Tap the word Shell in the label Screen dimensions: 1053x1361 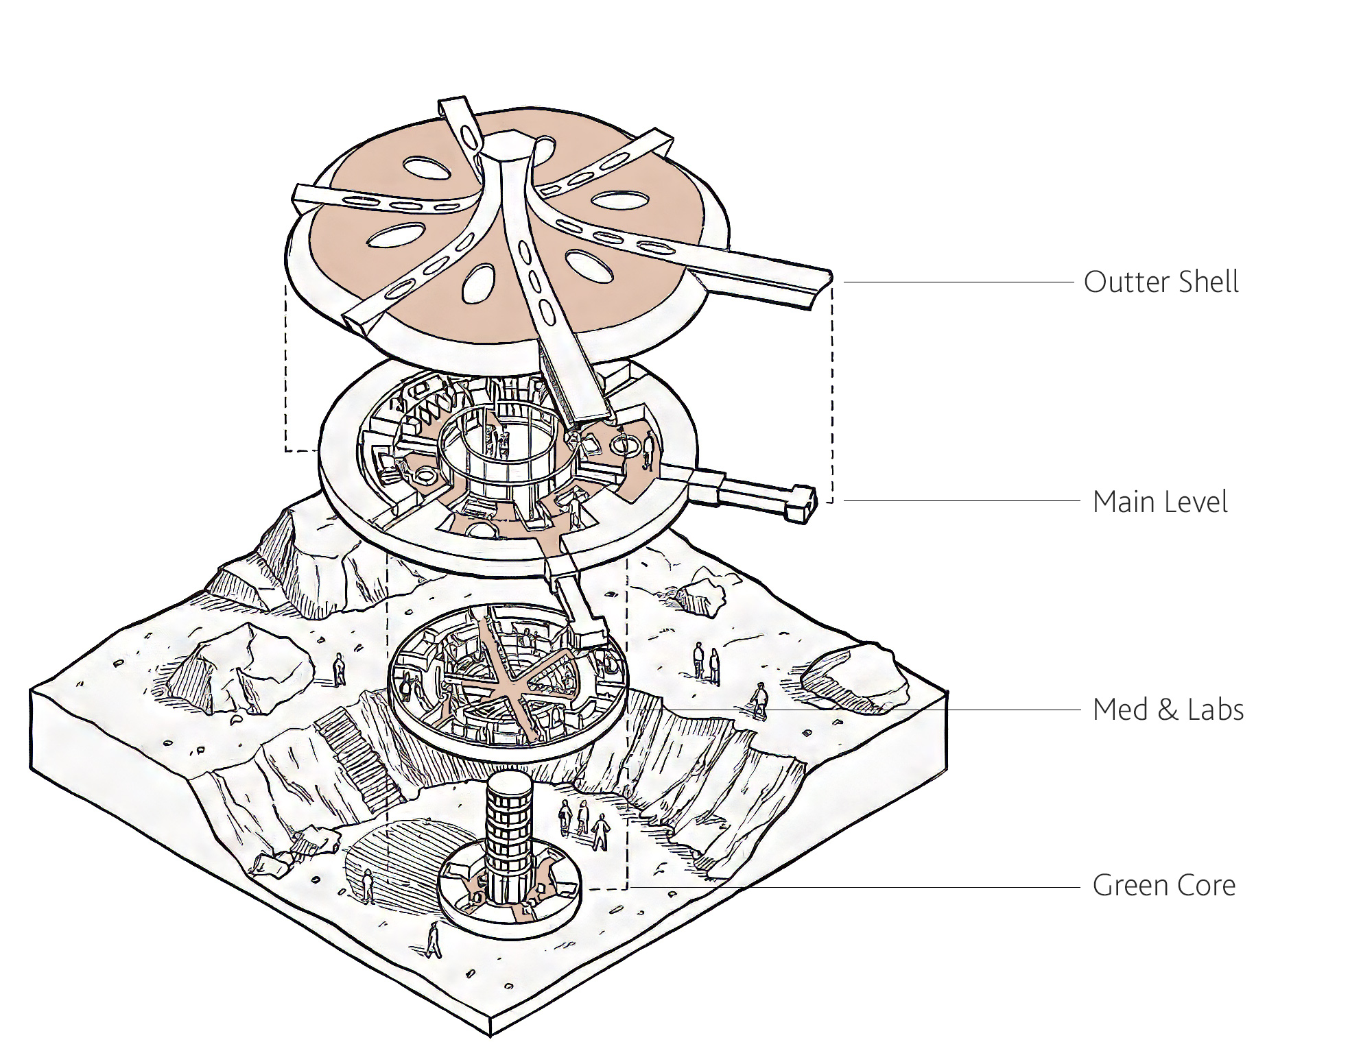click(1208, 282)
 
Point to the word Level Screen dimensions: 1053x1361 click(1193, 503)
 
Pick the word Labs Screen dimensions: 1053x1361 click(1215, 710)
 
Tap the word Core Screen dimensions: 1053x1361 click(1206, 886)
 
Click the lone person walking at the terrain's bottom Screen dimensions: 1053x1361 click(434, 939)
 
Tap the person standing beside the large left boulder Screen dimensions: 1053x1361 click(338, 669)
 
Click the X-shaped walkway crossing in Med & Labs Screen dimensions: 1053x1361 click(510, 689)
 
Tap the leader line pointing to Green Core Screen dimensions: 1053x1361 click(857, 888)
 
